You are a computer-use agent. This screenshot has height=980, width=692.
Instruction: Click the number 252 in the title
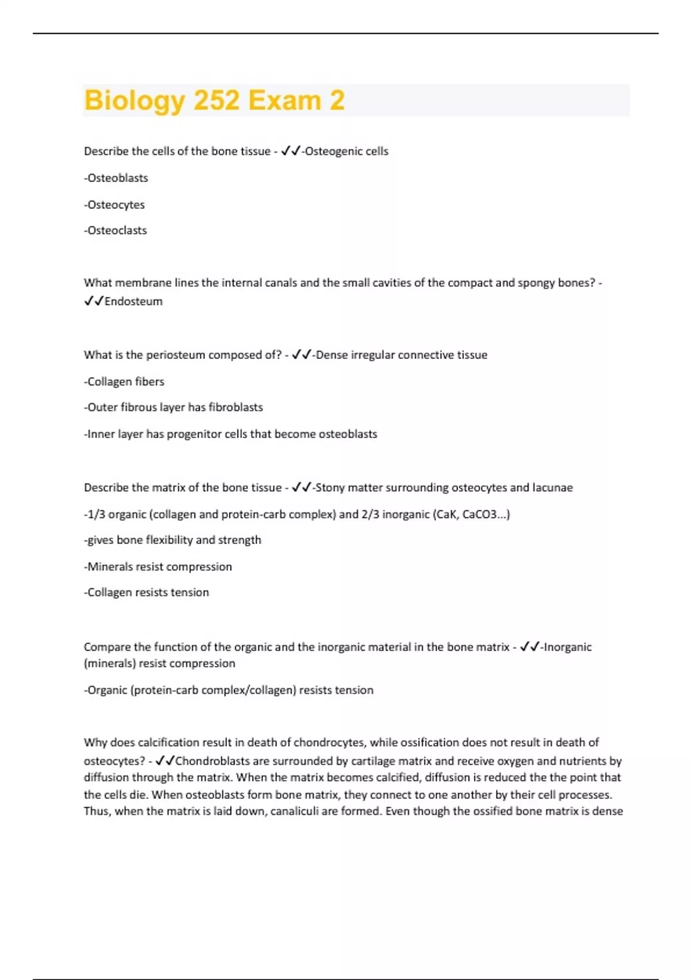click(x=216, y=100)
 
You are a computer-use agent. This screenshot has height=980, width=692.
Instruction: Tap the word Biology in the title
click(x=134, y=100)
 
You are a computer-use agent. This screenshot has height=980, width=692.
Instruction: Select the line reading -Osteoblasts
click(x=116, y=178)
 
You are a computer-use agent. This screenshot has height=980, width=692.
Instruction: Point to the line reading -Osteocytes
click(x=114, y=205)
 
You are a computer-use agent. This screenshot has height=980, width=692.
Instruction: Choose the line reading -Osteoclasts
click(x=115, y=231)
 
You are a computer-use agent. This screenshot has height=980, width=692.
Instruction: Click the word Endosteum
click(x=133, y=301)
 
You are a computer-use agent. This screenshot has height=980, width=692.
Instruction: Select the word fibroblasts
click(x=235, y=408)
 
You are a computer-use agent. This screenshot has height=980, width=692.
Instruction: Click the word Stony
click(x=330, y=488)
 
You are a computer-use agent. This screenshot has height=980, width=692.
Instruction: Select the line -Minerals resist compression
click(x=158, y=567)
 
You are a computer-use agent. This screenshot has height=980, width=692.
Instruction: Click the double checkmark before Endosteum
click(x=93, y=301)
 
